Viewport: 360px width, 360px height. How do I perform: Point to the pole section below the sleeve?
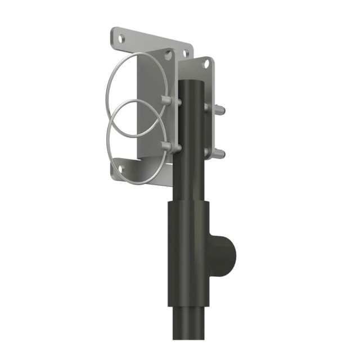(x=188, y=332)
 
